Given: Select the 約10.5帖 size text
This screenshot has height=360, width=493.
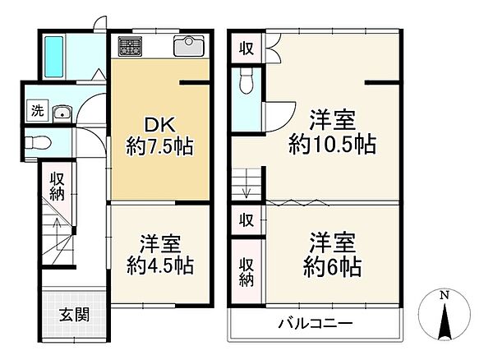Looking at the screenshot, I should tap(332, 145).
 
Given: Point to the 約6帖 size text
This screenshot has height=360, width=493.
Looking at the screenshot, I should tap(332, 266).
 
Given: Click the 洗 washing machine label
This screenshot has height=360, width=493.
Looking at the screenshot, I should tap(37, 110).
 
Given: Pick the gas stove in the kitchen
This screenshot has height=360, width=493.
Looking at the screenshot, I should tap(130, 47).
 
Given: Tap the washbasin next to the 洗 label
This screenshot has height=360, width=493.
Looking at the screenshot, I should tap(62, 113).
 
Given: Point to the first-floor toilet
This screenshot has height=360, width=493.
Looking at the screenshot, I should tap(39, 143).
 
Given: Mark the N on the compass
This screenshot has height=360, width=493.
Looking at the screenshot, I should tap(444, 294).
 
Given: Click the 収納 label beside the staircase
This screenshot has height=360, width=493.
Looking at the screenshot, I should tap(57, 187).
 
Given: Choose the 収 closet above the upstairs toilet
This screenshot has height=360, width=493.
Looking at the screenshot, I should tap(246, 48).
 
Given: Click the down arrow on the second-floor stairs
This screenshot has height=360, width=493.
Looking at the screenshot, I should tap(246, 189).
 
